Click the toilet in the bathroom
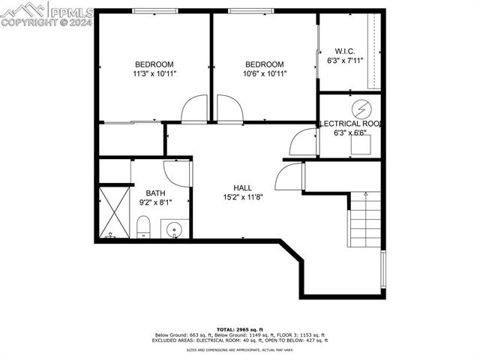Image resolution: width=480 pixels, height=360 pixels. tap(142, 226)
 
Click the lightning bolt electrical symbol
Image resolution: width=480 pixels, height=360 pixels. tap(361, 108)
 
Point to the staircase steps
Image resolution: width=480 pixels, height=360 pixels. tap(364, 221)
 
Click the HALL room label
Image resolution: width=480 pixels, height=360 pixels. tap(242, 188)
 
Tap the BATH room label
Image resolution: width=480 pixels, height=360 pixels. tap(155, 193)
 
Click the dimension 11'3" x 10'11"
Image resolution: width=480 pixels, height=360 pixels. tap(154, 73)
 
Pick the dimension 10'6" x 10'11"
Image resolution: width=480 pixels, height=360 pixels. tap(265, 73)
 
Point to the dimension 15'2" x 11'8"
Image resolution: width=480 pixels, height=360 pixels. tap(242, 197)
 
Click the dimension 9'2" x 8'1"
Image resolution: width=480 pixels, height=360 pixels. tap(155, 202)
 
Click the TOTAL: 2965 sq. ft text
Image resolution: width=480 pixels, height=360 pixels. tap(240, 329)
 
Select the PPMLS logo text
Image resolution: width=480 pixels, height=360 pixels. tap(71, 11)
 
